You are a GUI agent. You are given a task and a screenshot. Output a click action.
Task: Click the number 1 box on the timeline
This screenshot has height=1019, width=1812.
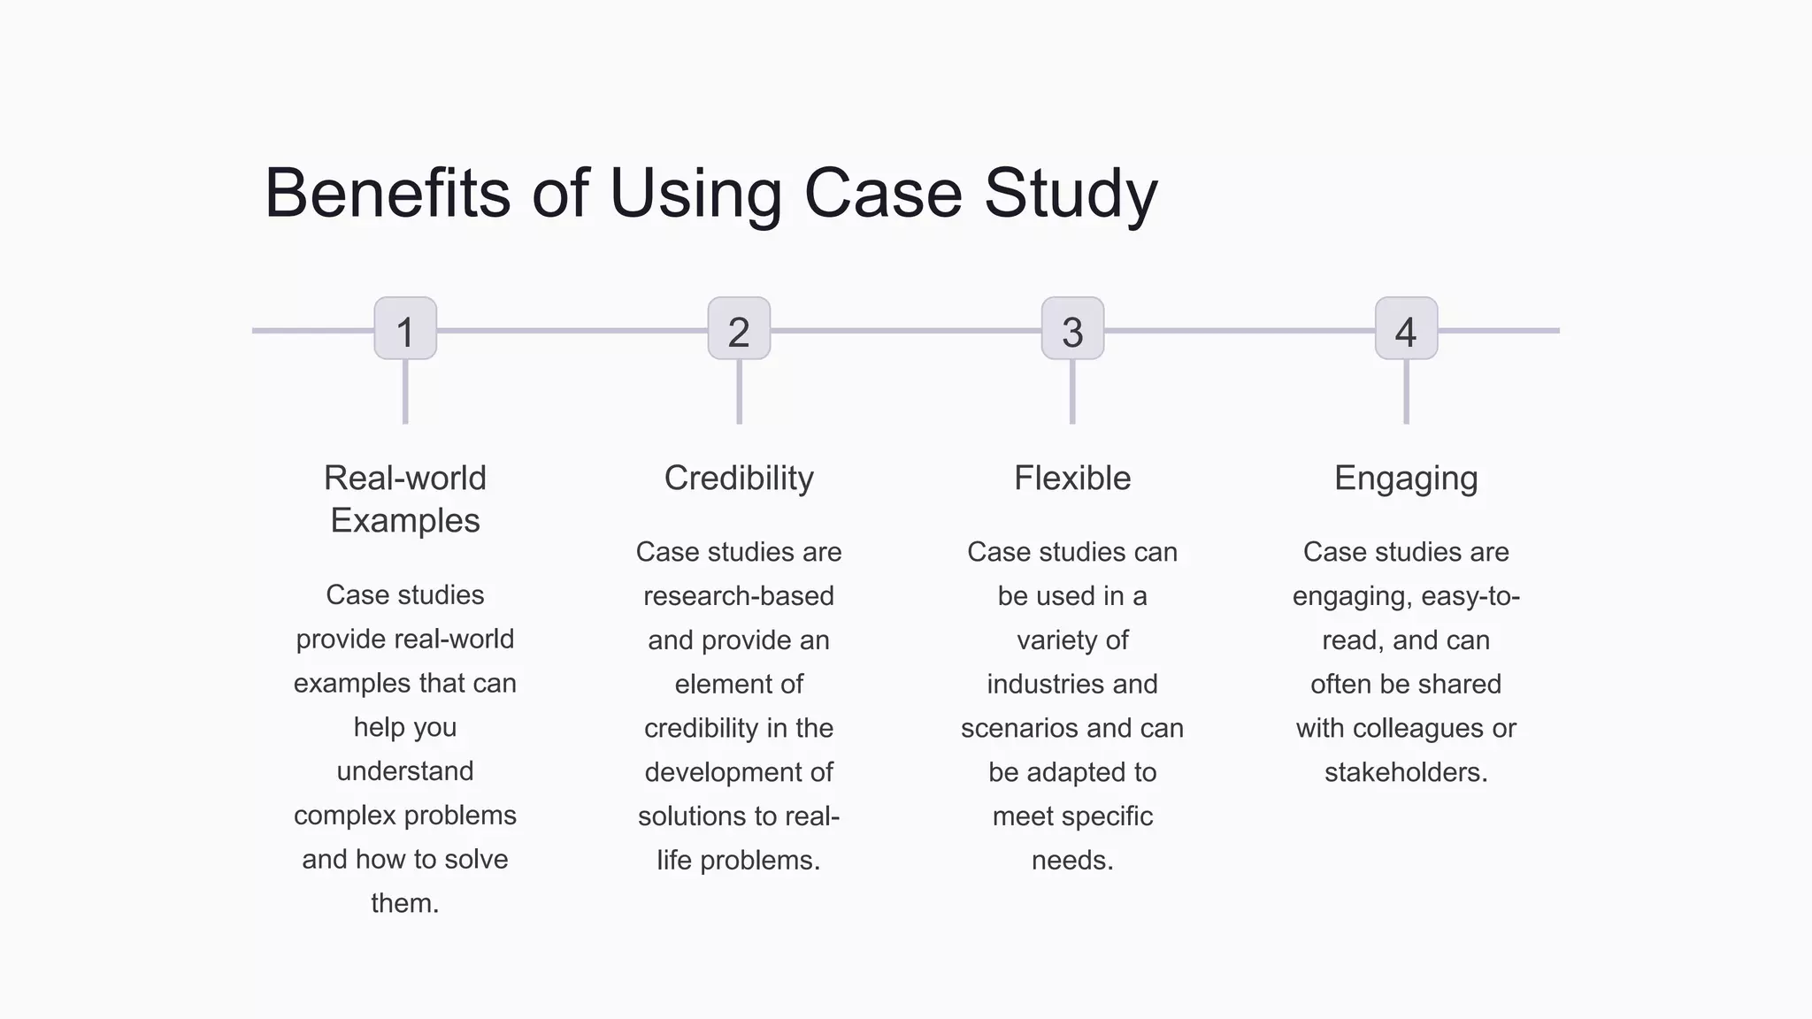point(405,329)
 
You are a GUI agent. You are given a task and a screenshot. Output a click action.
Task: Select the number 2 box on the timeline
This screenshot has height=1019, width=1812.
point(739,329)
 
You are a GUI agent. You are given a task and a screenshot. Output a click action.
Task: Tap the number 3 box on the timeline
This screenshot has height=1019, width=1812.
point(1072,329)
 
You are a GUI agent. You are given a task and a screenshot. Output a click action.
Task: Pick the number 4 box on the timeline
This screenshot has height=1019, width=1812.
point(1406,329)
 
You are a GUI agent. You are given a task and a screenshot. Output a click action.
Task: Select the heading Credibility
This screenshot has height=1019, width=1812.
point(739,479)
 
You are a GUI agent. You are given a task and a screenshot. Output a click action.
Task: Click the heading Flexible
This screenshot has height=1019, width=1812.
point(1072,479)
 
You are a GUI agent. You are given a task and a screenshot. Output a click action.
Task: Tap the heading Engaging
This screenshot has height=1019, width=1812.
point(1406,479)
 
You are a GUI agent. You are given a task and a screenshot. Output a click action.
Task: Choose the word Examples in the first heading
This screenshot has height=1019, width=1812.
point(405,521)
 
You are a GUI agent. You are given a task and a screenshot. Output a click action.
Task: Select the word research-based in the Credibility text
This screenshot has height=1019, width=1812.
point(739,596)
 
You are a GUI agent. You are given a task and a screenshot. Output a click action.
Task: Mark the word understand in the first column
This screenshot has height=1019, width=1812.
point(405,771)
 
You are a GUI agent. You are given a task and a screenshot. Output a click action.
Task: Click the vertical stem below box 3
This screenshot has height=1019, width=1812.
point(1072,392)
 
